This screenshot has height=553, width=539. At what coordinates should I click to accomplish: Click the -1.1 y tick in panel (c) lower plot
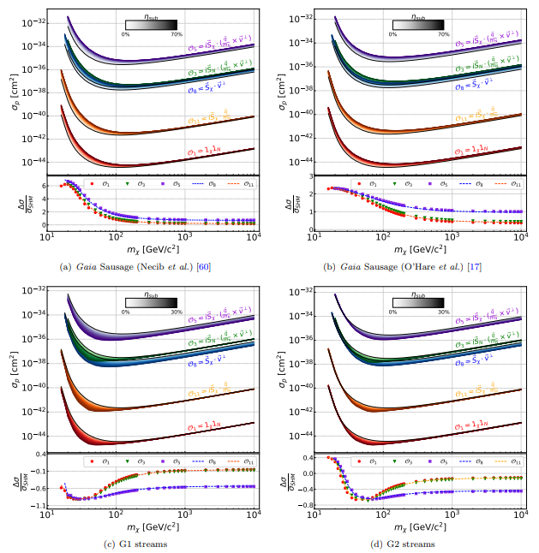39,505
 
